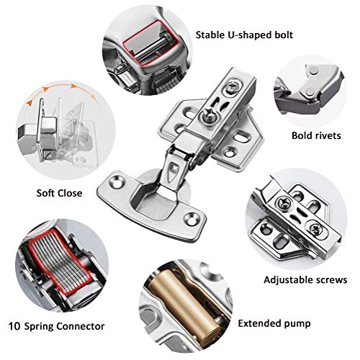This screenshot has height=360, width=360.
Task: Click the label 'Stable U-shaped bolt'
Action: pos(244,35)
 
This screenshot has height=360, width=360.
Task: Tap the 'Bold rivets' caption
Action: pos(316,135)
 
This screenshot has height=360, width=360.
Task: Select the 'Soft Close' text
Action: pos(59,193)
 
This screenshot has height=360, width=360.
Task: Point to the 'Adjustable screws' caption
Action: pos(305,280)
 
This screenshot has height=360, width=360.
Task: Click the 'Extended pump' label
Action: pos(274,324)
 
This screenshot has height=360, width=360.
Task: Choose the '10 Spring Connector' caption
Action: pos(57,326)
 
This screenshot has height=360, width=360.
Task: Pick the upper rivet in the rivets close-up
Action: pos(313,71)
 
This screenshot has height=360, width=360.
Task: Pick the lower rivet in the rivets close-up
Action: pos(310,91)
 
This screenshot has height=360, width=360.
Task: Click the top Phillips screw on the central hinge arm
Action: pos(232,85)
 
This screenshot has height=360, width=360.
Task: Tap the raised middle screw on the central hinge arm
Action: pos(210,114)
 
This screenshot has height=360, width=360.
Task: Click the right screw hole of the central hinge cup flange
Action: pos(192,219)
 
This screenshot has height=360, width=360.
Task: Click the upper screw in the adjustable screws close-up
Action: pos(284,204)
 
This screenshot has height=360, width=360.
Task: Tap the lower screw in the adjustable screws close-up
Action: pos(315,230)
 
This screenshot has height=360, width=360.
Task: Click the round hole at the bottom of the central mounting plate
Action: pos(230,152)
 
